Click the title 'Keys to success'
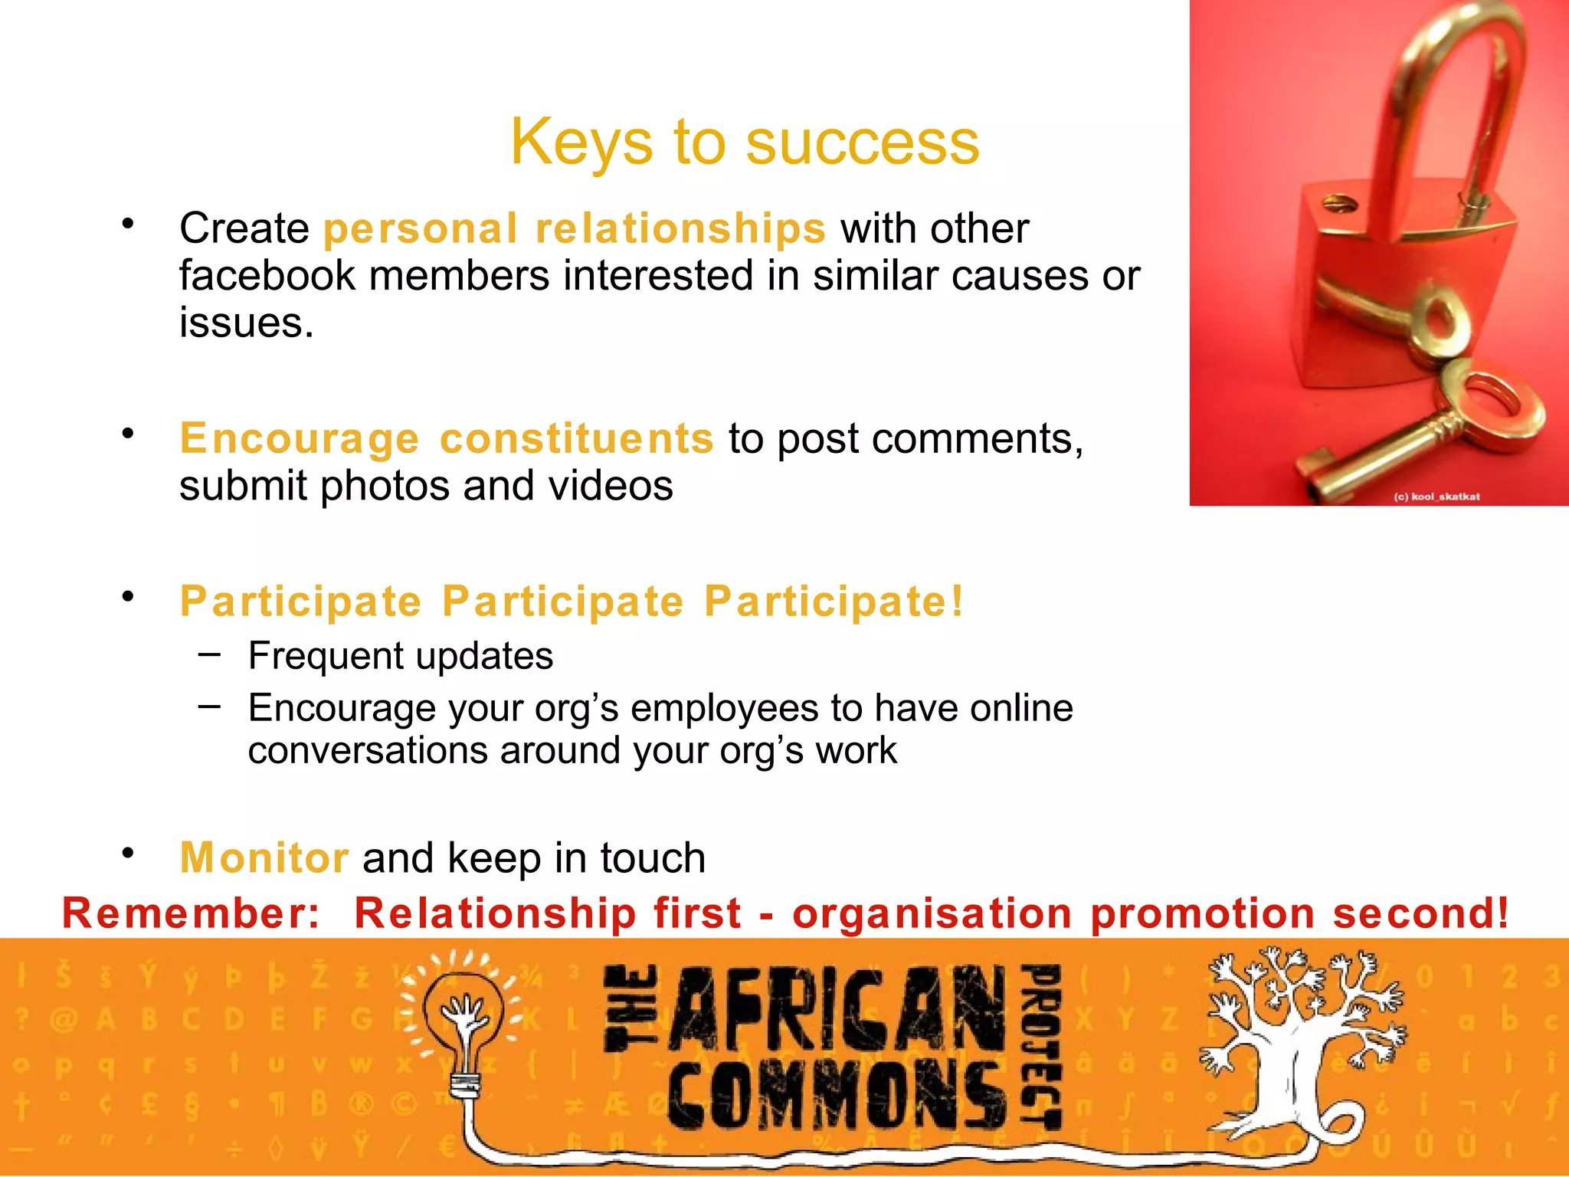pyautogui.click(x=745, y=142)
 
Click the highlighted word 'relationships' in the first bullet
pyautogui.click(x=680, y=228)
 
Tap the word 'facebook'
pyautogui.click(x=267, y=276)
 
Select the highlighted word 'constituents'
pyautogui.click(x=576, y=438)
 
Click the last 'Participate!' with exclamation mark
pyautogui.click(x=834, y=601)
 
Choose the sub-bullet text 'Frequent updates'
pyautogui.click(x=400, y=656)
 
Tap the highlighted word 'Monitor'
pyautogui.click(x=264, y=857)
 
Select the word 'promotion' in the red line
pyautogui.click(x=1202, y=913)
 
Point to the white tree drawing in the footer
pyautogui.click(x=1302, y=1042)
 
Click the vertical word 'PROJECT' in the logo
pyautogui.click(x=1043, y=1046)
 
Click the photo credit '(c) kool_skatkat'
pyautogui.click(x=1436, y=497)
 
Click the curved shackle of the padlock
pyautogui.click(x=1440, y=92)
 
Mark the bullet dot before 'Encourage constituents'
pyautogui.click(x=128, y=434)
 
